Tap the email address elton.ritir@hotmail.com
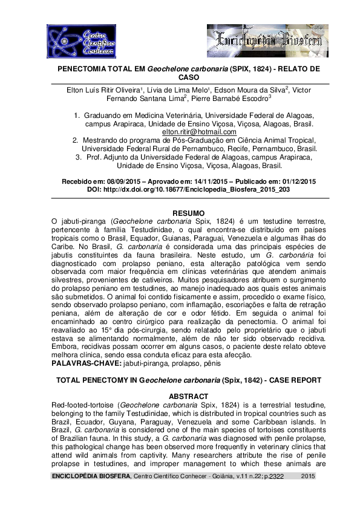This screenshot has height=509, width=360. pyautogui.click(x=199, y=131)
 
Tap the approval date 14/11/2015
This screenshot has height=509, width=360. pyautogui.click(x=210, y=181)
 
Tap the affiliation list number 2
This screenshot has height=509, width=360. pyautogui.click(x=75, y=140)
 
